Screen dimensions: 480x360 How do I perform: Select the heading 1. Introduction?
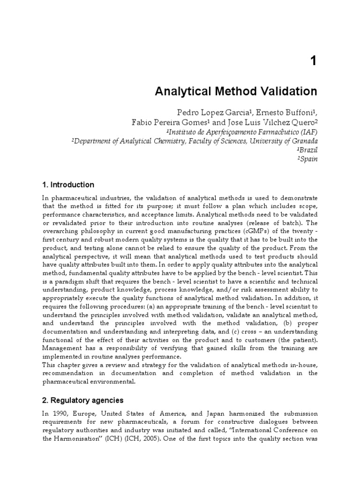tap(68, 185)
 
